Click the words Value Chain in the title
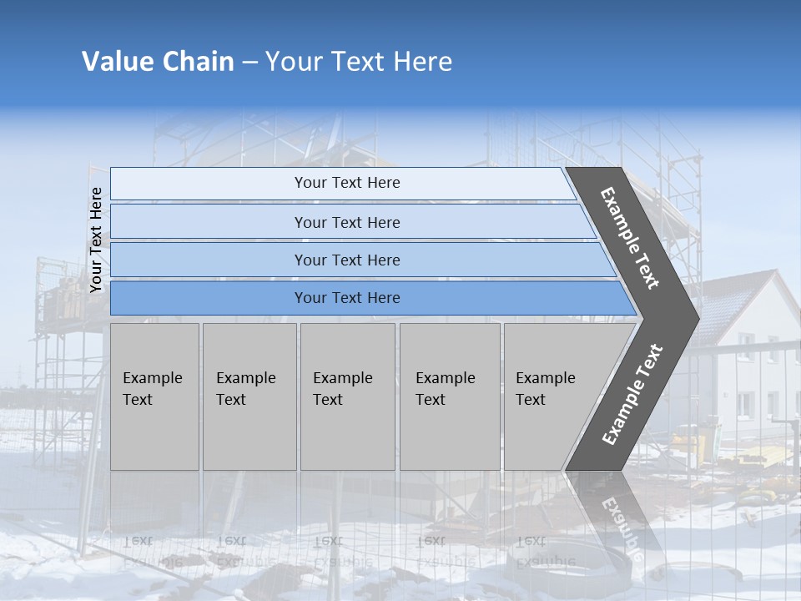click(158, 62)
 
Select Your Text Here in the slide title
click(359, 62)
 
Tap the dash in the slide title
click(249, 63)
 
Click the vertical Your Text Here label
click(96, 240)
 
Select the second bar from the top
click(346, 222)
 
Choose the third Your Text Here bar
click(346, 260)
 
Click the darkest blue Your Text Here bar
click(346, 298)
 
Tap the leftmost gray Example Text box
click(154, 396)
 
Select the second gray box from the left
click(249, 396)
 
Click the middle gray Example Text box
click(347, 396)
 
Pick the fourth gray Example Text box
click(449, 396)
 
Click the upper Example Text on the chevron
click(631, 238)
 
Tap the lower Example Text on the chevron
click(632, 394)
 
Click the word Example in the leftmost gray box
click(152, 378)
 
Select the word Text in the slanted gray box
click(531, 400)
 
